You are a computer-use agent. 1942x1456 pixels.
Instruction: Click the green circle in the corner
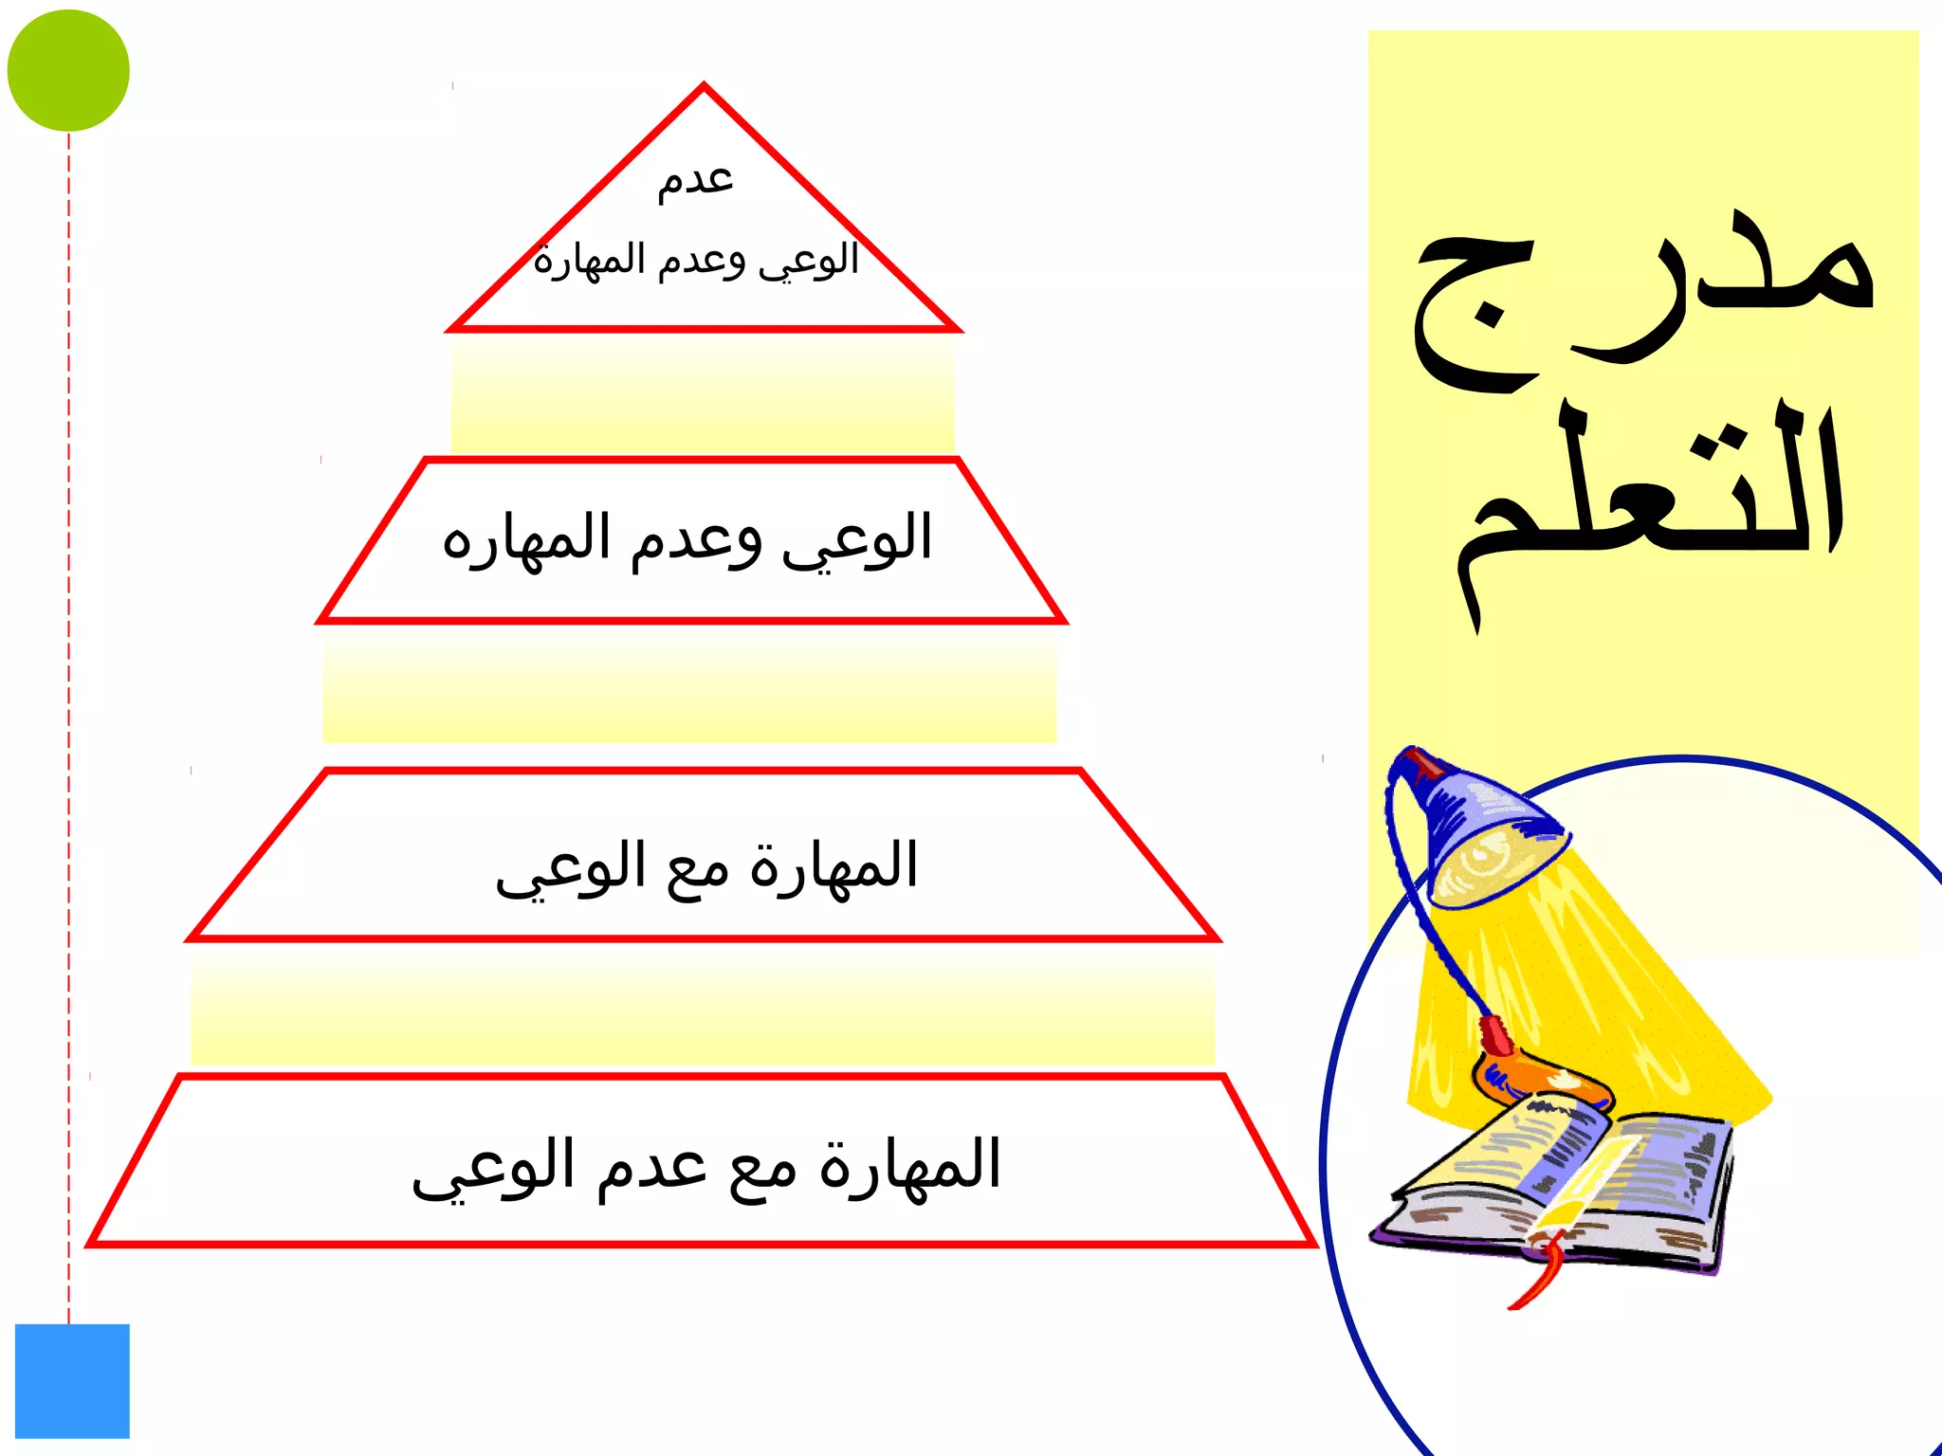pyautogui.click(x=68, y=70)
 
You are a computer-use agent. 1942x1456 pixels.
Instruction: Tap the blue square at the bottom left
pyautogui.click(x=72, y=1380)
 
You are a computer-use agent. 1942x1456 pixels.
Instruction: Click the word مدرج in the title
pyautogui.click(x=1645, y=294)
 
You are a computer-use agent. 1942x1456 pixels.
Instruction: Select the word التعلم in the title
pyautogui.click(x=1650, y=502)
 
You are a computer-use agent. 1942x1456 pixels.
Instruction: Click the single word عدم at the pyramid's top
pyautogui.click(x=696, y=178)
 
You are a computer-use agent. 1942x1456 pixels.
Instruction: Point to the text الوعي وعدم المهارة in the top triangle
pyautogui.click(x=696, y=259)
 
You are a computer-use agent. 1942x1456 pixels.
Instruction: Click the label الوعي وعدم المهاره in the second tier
pyautogui.click(x=687, y=538)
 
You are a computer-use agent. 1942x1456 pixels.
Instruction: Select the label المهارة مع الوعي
pyautogui.click(x=706, y=866)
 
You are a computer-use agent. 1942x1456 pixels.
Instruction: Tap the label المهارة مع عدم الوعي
pyautogui.click(x=706, y=1166)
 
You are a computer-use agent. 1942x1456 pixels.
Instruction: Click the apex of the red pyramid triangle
pyautogui.click(x=704, y=89)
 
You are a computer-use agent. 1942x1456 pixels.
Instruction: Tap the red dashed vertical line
pyautogui.click(x=68, y=720)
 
